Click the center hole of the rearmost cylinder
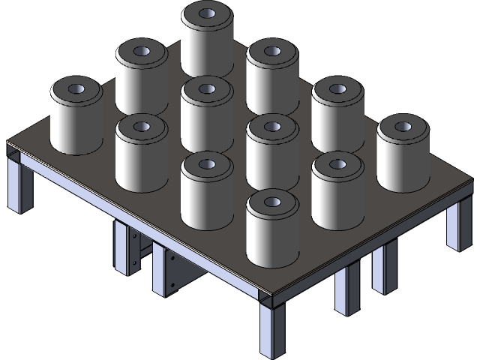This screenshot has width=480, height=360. [x=206, y=13]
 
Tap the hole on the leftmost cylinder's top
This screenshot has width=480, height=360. [x=76, y=89]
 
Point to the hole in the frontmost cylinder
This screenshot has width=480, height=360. [x=271, y=202]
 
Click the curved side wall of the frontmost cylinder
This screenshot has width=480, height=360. [x=271, y=240]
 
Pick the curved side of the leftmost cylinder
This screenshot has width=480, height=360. [x=75, y=124]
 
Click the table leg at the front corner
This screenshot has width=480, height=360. [x=272, y=330]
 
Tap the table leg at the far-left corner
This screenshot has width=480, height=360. [x=19, y=184]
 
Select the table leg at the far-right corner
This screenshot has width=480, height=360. [x=456, y=225]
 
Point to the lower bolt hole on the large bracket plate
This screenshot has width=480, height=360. [x=174, y=285]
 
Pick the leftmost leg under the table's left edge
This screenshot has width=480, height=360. [x=19, y=184]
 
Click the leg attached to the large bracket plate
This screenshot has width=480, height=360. [x=160, y=270]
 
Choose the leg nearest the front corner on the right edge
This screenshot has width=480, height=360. [x=346, y=289]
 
